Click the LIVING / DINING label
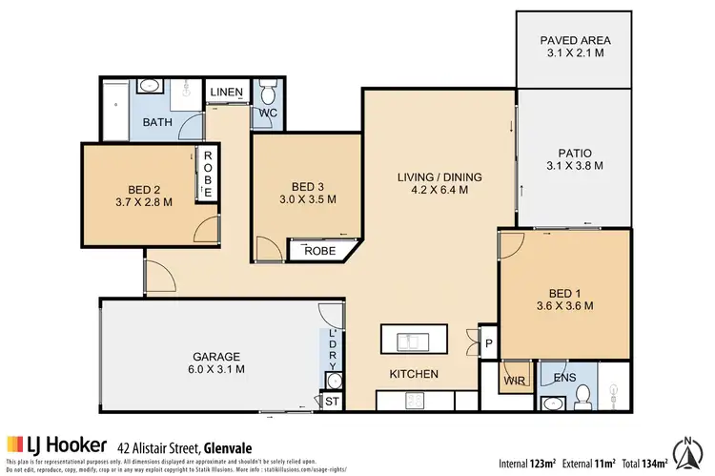(439, 176)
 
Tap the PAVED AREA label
(575, 40)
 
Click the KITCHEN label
(413, 374)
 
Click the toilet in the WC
(267, 94)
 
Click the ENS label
(564, 379)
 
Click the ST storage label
(332, 403)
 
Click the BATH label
(156, 123)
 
